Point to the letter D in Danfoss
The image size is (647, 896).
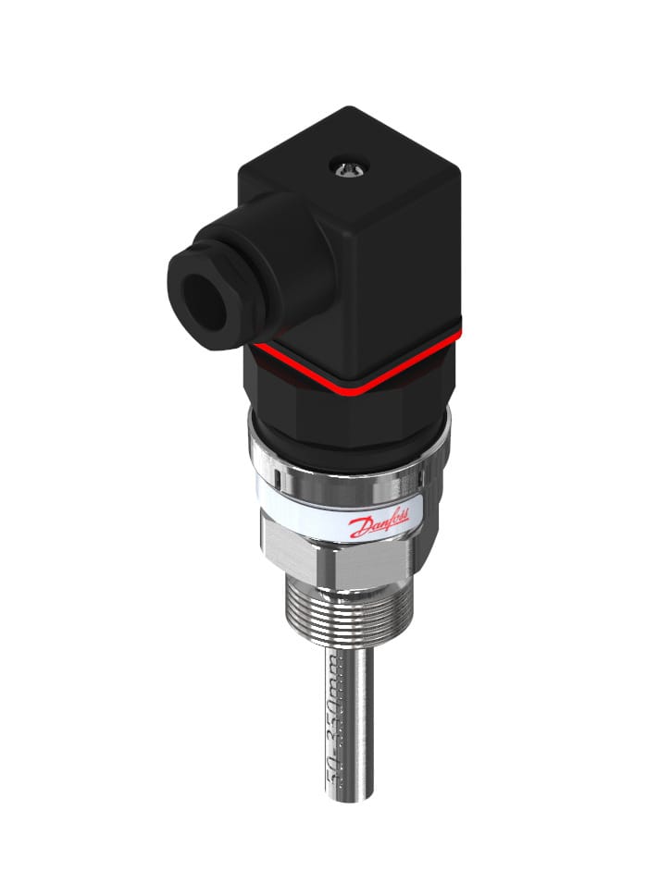click(356, 529)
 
